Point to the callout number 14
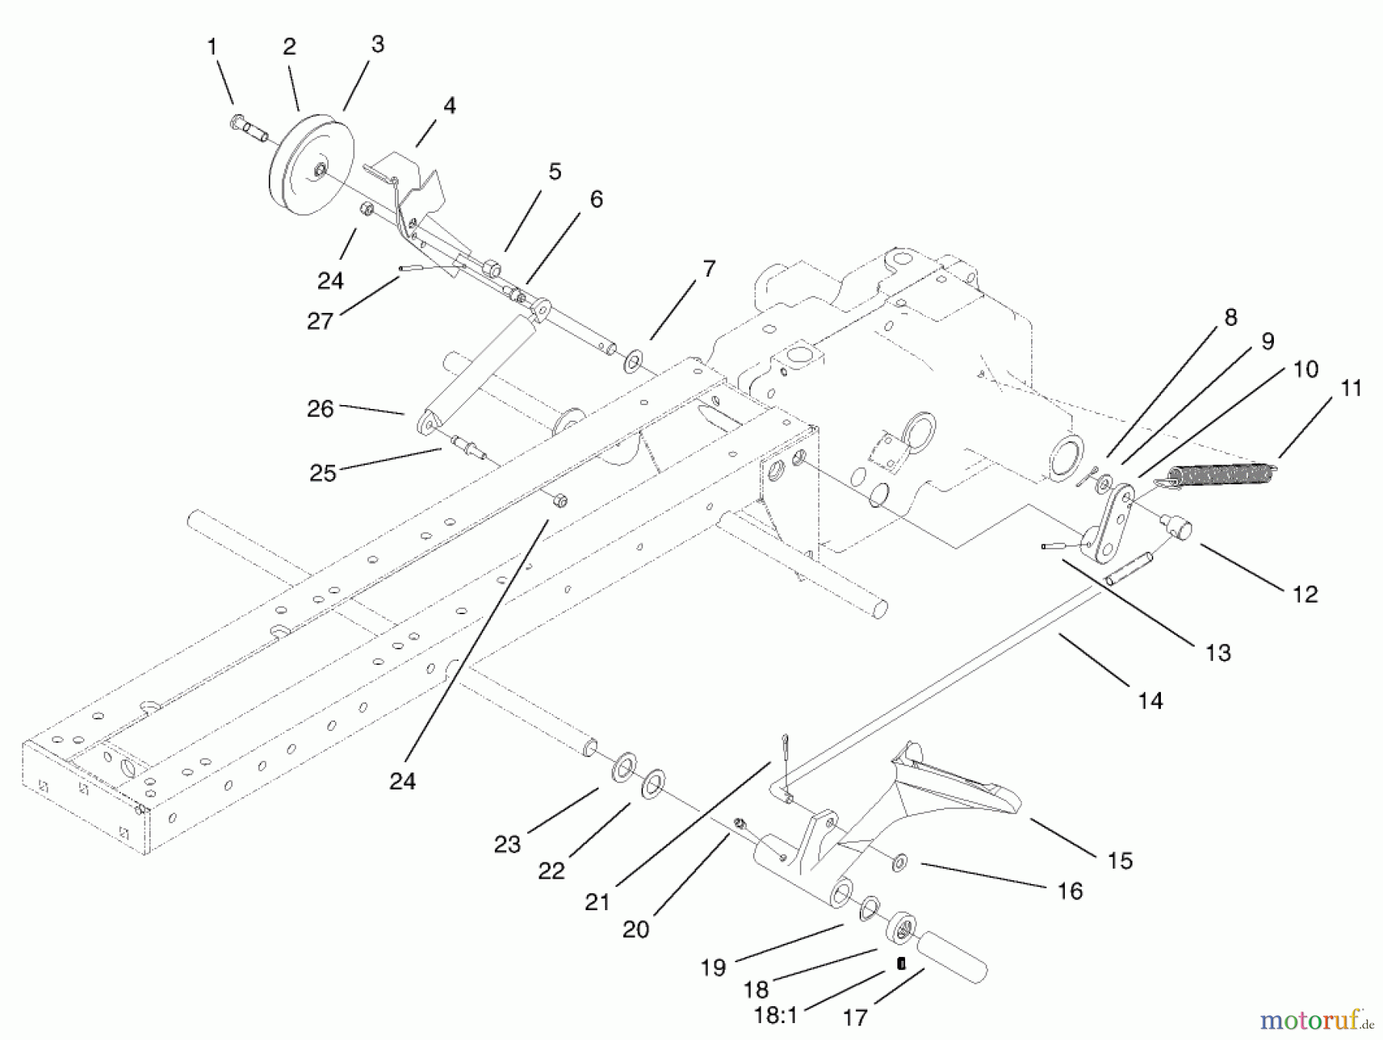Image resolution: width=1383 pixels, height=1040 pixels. [x=1149, y=700]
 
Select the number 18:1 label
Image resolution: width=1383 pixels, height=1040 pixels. [x=776, y=1015]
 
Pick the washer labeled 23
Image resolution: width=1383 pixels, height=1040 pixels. [x=624, y=766]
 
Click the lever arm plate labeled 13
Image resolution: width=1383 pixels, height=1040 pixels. [x=1109, y=523]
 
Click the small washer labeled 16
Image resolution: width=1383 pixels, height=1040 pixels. [x=898, y=862]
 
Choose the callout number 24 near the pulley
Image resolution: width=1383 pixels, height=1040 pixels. [x=330, y=281]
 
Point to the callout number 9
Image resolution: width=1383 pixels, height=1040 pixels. [x=1267, y=341]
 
